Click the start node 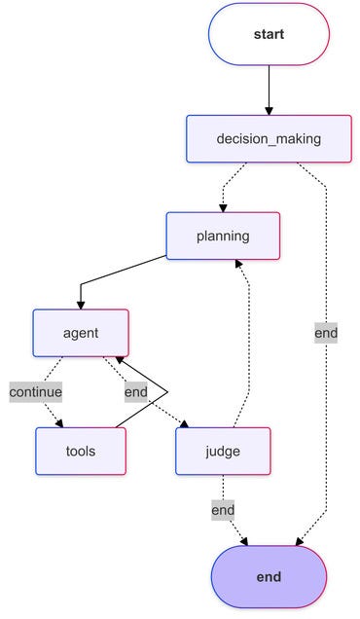tap(269, 34)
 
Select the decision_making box tap(269, 138)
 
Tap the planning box tap(223, 236)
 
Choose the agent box tap(81, 333)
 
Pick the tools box tap(81, 451)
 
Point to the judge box tap(223, 451)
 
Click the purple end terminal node tap(269, 576)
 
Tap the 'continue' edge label tap(36, 392)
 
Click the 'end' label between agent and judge tap(136, 392)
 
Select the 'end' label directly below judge tap(223, 510)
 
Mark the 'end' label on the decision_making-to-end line tap(326, 333)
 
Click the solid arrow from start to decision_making tap(269, 88)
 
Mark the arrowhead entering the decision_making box tap(269, 110)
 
